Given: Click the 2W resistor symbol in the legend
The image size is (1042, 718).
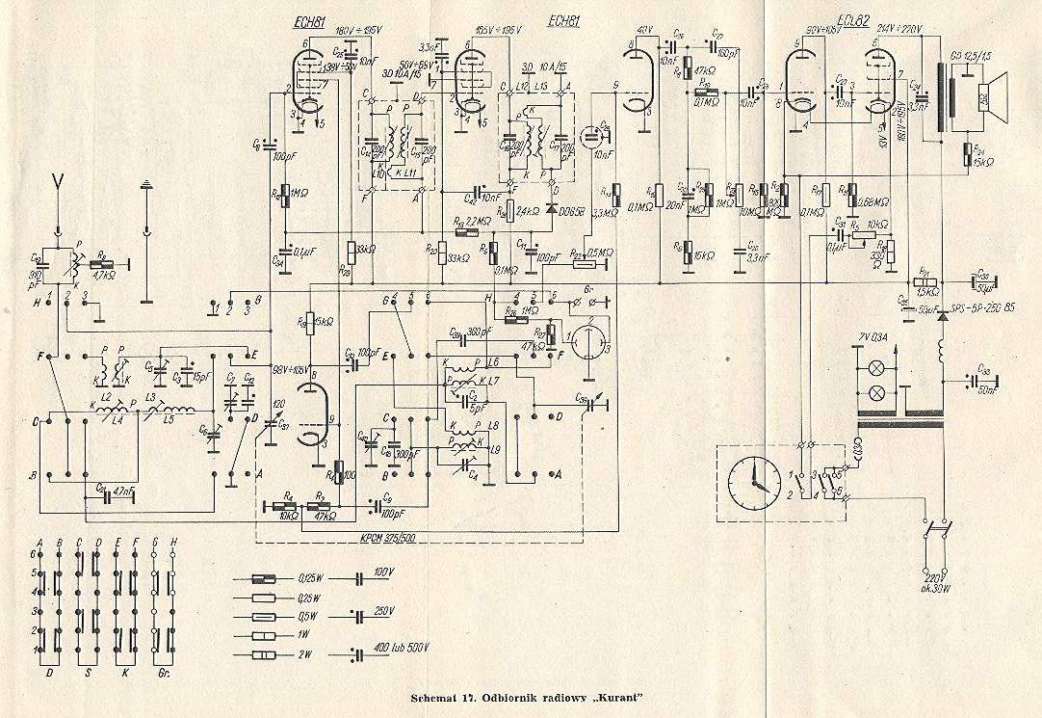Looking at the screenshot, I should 264,655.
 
